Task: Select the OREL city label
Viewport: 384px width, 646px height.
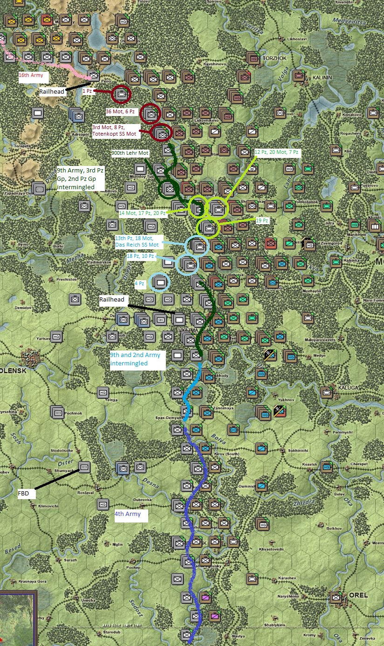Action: coord(358,595)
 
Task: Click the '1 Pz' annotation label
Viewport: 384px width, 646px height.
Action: coord(88,91)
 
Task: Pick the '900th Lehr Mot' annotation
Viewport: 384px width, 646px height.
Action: coord(130,153)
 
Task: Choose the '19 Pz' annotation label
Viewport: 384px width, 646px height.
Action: coord(262,220)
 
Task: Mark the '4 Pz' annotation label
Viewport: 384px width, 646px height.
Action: coord(139,283)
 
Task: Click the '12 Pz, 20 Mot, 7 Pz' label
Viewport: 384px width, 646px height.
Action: coord(276,152)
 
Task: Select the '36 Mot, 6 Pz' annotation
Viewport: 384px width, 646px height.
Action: coord(120,112)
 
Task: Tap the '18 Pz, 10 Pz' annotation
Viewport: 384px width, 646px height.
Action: coord(140,256)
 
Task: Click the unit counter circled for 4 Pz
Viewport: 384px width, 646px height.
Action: coord(160,282)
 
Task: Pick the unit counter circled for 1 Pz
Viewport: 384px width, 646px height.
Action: coord(121,94)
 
